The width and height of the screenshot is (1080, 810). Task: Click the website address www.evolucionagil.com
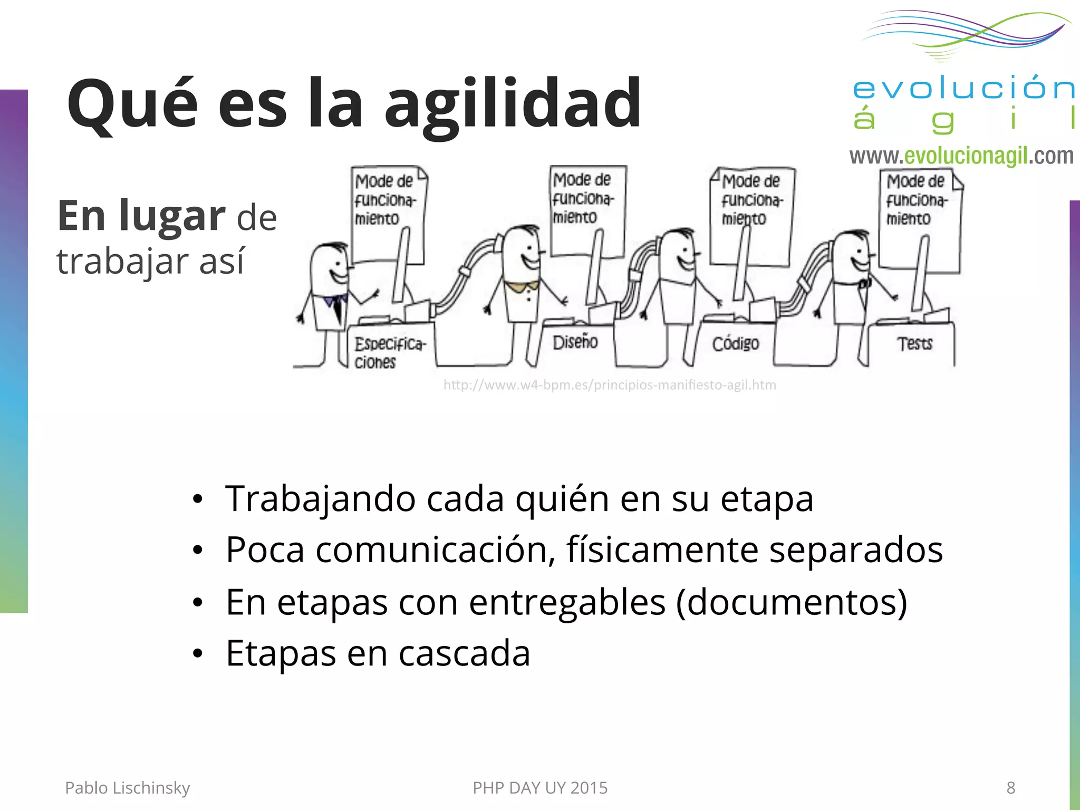pyautogui.click(x=961, y=156)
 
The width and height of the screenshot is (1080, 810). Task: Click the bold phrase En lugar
pyautogui.click(x=141, y=216)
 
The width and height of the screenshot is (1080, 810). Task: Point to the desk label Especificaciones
pyautogui.click(x=389, y=353)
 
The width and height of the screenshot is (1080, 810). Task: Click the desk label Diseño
pyautogui.click(x=575, y=343)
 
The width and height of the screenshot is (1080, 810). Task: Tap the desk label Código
pyautogui.click(x=735, y=344)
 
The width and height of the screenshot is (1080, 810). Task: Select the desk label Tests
pyautogui.click(x=915, y=344)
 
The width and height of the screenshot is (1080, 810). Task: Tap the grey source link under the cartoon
pyautogui.click(x=610, y=385)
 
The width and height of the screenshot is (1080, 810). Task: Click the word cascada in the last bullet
pyautogui.click(x=464, y=653)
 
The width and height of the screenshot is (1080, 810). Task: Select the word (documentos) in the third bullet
pyautogui.click(x=791, y=602)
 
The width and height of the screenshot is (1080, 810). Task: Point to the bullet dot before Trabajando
pyautogui.click(x=198, y=499)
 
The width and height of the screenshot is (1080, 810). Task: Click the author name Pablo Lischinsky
pyautogui.click(x=127, y=788)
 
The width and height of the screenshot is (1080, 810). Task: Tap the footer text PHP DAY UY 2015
pyautogui.click(x=540, y=788)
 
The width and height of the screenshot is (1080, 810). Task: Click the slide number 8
pyautogui.click(x=1010, y=788)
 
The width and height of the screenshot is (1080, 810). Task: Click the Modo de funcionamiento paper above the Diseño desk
pyautogui.click(x=586, y=211)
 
